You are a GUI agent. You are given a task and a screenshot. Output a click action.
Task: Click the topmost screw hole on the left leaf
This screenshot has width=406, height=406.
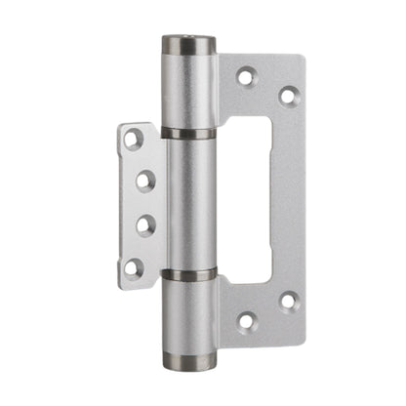[x=134, y=140]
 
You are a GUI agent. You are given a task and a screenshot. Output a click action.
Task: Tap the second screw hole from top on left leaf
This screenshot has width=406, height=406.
[x=144, y=181]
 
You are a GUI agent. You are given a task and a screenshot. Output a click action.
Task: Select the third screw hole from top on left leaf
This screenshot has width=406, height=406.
[x=144, y=223]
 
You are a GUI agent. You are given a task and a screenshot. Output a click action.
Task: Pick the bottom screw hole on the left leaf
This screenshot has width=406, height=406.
[x=134, y=265]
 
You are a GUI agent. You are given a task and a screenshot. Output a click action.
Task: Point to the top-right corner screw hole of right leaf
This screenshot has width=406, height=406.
[x=288, y=96]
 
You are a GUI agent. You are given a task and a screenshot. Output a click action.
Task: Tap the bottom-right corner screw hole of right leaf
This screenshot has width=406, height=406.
[x=288, y=302]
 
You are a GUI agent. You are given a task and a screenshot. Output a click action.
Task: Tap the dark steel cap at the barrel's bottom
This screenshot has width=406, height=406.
[x=189, y=360]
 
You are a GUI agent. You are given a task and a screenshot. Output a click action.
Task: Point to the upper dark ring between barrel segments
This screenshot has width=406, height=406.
[x=188, y=133]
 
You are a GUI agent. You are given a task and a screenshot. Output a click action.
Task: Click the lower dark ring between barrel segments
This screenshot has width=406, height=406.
[x=188, y=274]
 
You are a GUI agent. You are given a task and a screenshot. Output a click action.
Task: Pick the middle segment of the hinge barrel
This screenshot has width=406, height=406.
[x=188, y=203]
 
